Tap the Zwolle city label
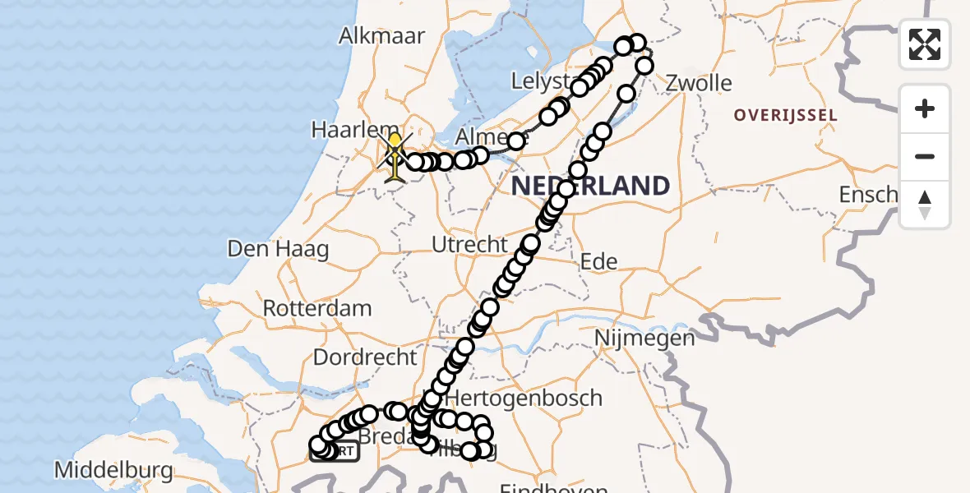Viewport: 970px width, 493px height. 699,83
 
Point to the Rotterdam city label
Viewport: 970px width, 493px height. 317,309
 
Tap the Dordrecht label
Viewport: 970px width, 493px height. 365,358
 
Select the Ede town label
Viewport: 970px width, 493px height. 598,261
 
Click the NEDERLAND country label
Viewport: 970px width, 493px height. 590,186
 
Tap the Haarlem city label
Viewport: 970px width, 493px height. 344,130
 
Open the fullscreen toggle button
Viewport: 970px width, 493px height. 925,44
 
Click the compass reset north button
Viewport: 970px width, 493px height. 925,205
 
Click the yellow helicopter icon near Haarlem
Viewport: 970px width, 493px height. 395,156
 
